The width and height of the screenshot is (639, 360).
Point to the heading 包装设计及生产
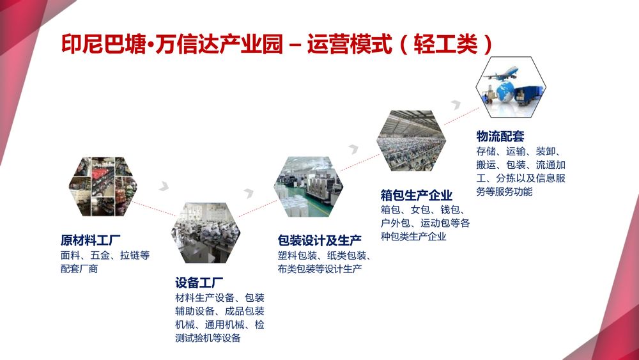click(x=319, y=240)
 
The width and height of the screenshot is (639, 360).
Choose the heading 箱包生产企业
click(x=416, y=196)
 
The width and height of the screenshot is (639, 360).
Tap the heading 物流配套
click(x=500, y=136)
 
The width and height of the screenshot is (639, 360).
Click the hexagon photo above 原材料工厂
click(x=103, y=186)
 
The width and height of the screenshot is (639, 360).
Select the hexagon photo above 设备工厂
click(x=206, y=232)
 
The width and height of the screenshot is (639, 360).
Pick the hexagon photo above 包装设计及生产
click(x=309, y=187)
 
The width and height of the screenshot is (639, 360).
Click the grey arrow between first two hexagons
click(x=165, y=187)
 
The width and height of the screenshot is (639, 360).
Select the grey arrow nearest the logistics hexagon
click(x=454, y=104)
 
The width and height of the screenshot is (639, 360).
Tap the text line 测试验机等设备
click(x=208, y=338)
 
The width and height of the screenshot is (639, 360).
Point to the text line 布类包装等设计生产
click(x=320, y=269)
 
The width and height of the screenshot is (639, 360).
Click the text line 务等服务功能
click(x=504, y=191)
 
